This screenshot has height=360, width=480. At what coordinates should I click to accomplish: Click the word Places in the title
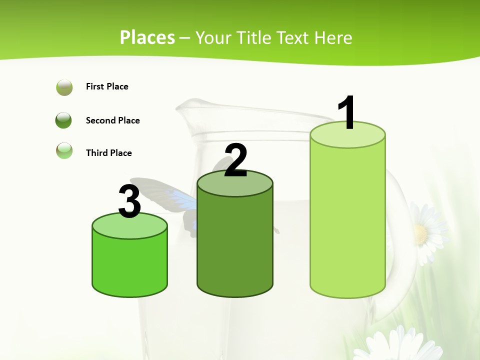coord(147,37)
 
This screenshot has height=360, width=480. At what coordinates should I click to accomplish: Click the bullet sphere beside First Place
coord(64,87)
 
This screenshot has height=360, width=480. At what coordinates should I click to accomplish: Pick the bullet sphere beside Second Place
coord(64,120)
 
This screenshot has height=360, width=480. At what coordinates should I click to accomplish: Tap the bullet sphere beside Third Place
coord(64,150)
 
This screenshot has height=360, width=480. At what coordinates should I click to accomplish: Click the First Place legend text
coord(107,86)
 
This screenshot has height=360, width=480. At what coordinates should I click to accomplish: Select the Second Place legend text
coord(112,120)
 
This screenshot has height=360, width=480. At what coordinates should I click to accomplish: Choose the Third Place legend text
coord(108,153)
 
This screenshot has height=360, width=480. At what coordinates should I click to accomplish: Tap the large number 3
coord(130,201)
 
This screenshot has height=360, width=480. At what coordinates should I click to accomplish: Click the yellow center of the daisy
coord(420,233)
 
